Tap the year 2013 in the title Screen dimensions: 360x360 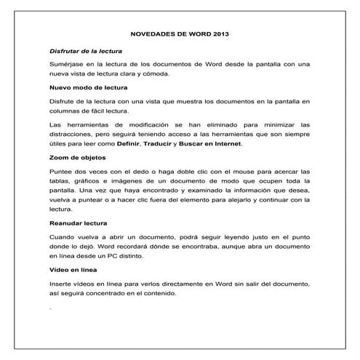coord(217,33)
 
